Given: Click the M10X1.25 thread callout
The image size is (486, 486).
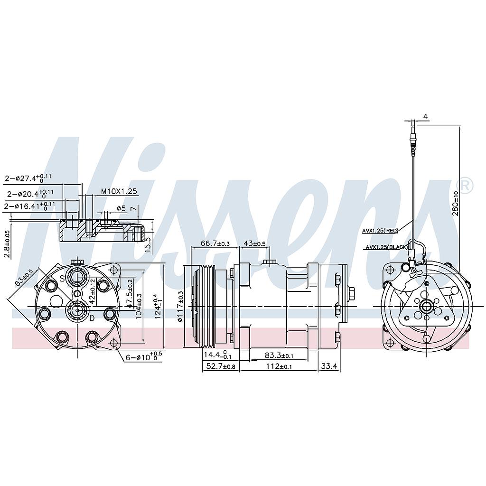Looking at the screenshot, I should tap(119, 191).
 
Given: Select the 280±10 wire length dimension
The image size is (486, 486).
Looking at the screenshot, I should tap(456, 204).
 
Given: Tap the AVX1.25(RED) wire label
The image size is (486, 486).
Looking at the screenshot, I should tap(380, 231).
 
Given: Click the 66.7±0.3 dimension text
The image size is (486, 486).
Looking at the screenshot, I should tap(215, 243).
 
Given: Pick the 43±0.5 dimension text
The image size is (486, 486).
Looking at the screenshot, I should tap(254, 243).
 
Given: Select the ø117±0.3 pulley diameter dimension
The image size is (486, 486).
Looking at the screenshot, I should tap(180, 307).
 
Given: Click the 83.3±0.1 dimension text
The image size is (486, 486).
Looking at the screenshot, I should tap(278, 355).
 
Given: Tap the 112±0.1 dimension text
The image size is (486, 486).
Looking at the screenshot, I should tap(279, 366).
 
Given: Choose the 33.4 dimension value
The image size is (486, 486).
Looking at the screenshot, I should tap(329, 366).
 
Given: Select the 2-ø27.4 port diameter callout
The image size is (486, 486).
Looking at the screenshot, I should tap(28, 178).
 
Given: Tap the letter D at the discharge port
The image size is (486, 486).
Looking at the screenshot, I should tap(92, 319).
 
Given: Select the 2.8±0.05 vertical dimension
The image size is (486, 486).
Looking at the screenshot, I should tap(7, 244).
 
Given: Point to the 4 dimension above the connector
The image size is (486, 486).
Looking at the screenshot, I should tap(425, 117).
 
